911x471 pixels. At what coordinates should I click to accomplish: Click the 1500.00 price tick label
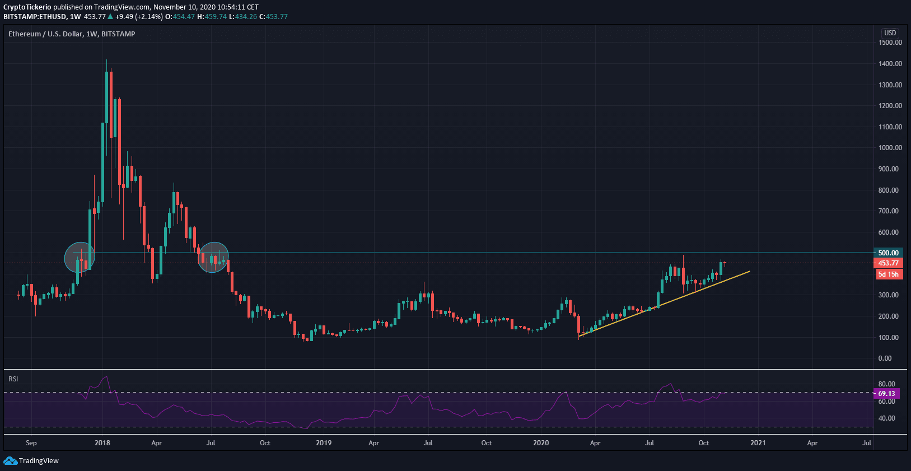tap(890, 43)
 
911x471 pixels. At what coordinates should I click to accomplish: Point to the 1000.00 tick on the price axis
tap(890, 148)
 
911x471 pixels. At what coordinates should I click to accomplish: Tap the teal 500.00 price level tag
tap(888, 253)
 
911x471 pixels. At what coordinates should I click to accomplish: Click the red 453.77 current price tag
tap(888, 263)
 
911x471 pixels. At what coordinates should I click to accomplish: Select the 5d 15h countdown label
tap(888, 274)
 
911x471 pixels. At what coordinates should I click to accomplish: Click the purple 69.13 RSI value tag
tap(886, 394)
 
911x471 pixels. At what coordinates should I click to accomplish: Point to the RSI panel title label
tap(13, 379)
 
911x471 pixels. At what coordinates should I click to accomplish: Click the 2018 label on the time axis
tap(102, 443)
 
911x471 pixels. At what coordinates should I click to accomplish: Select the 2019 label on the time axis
tap(324, 443)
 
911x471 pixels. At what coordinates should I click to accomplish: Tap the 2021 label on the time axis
tap(758, 443)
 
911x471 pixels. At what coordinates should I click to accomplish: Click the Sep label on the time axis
tap(31, 443)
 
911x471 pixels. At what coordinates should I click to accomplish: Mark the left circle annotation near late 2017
tap(80, 258)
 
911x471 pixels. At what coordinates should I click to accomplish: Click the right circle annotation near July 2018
tap(213, 257)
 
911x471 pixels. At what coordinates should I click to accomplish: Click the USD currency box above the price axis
tap(890, 33)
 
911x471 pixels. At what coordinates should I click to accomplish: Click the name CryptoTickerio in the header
tap(27, 7)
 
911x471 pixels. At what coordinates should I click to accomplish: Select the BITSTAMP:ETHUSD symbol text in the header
tap(34, 17)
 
